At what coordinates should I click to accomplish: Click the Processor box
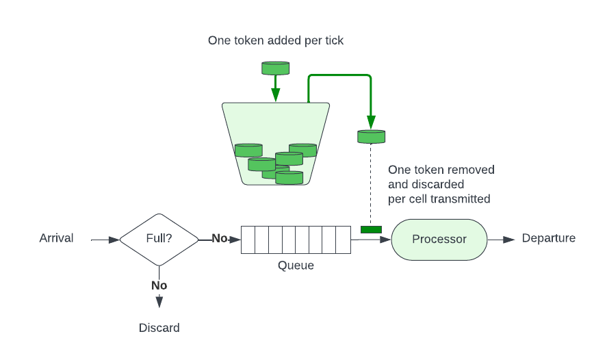[x=439, y=239]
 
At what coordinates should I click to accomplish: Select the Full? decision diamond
[x=159, y=239]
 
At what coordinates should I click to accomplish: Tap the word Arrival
[x=56, y=238]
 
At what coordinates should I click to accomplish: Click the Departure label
[x=548, y=238]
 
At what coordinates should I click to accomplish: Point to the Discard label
[x=159, y=328]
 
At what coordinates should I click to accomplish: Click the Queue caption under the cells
[x=296, y=266]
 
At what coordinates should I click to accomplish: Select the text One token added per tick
[x=276, y=40]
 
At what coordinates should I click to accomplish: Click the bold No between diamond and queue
[x=219, y=238]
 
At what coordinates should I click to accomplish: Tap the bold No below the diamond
[x=159, y=285]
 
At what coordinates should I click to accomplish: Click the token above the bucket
[x=276, y=68]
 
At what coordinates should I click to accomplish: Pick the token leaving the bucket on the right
[x=371, y=136]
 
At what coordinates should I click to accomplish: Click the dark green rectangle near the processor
[x=371, y=229]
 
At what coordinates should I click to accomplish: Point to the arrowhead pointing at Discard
[x=159, y=301]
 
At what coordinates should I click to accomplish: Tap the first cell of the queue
[x=248, y=240]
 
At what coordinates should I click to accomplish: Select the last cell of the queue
[x=344, y=240]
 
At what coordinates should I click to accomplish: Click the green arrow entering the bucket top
[x=276, y=89]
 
